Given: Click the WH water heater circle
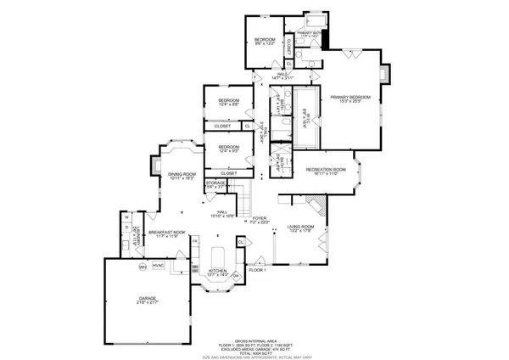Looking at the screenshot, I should tap(143, 267).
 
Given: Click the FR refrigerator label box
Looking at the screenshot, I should tap(194, 242).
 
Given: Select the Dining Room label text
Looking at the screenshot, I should tap(182, 176).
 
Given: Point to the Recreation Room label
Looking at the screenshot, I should tap(327, 171).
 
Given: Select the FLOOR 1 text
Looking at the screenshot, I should tap(257, 270).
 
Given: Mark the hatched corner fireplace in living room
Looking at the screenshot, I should tap(316, 205).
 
